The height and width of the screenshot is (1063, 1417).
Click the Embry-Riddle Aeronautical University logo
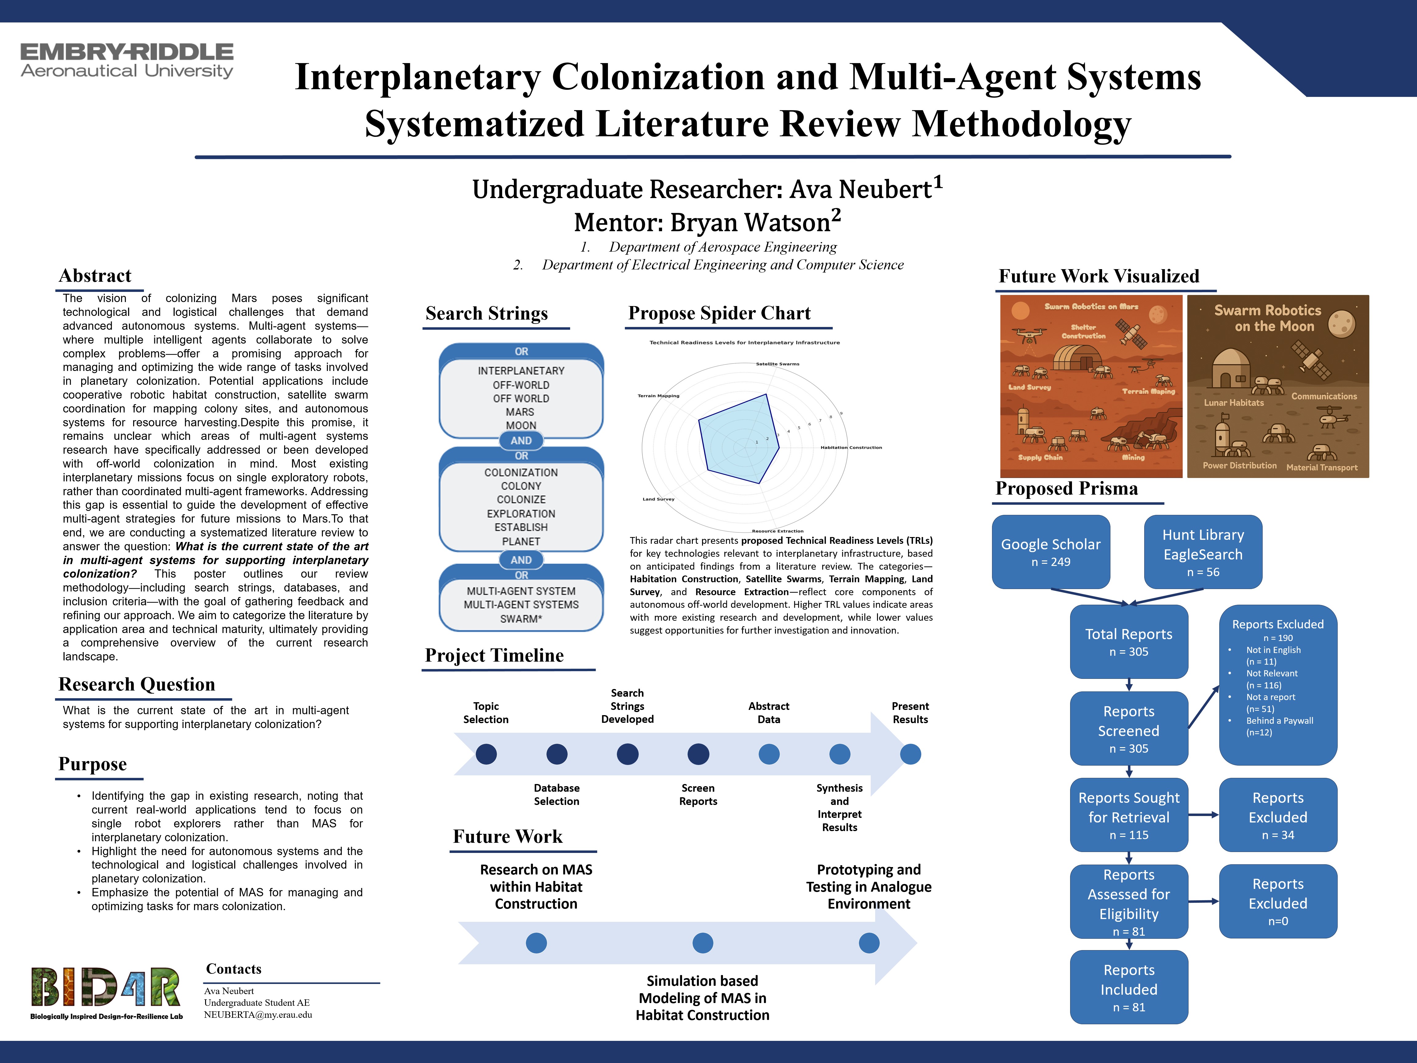[127, 61]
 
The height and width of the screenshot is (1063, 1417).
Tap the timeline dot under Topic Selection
[486, 754]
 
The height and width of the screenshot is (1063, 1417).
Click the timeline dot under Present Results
[910, 754]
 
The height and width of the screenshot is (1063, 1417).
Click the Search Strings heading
[487, 313]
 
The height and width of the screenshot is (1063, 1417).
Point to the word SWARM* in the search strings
[521, 619]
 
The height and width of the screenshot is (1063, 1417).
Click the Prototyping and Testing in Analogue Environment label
[869, 887]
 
